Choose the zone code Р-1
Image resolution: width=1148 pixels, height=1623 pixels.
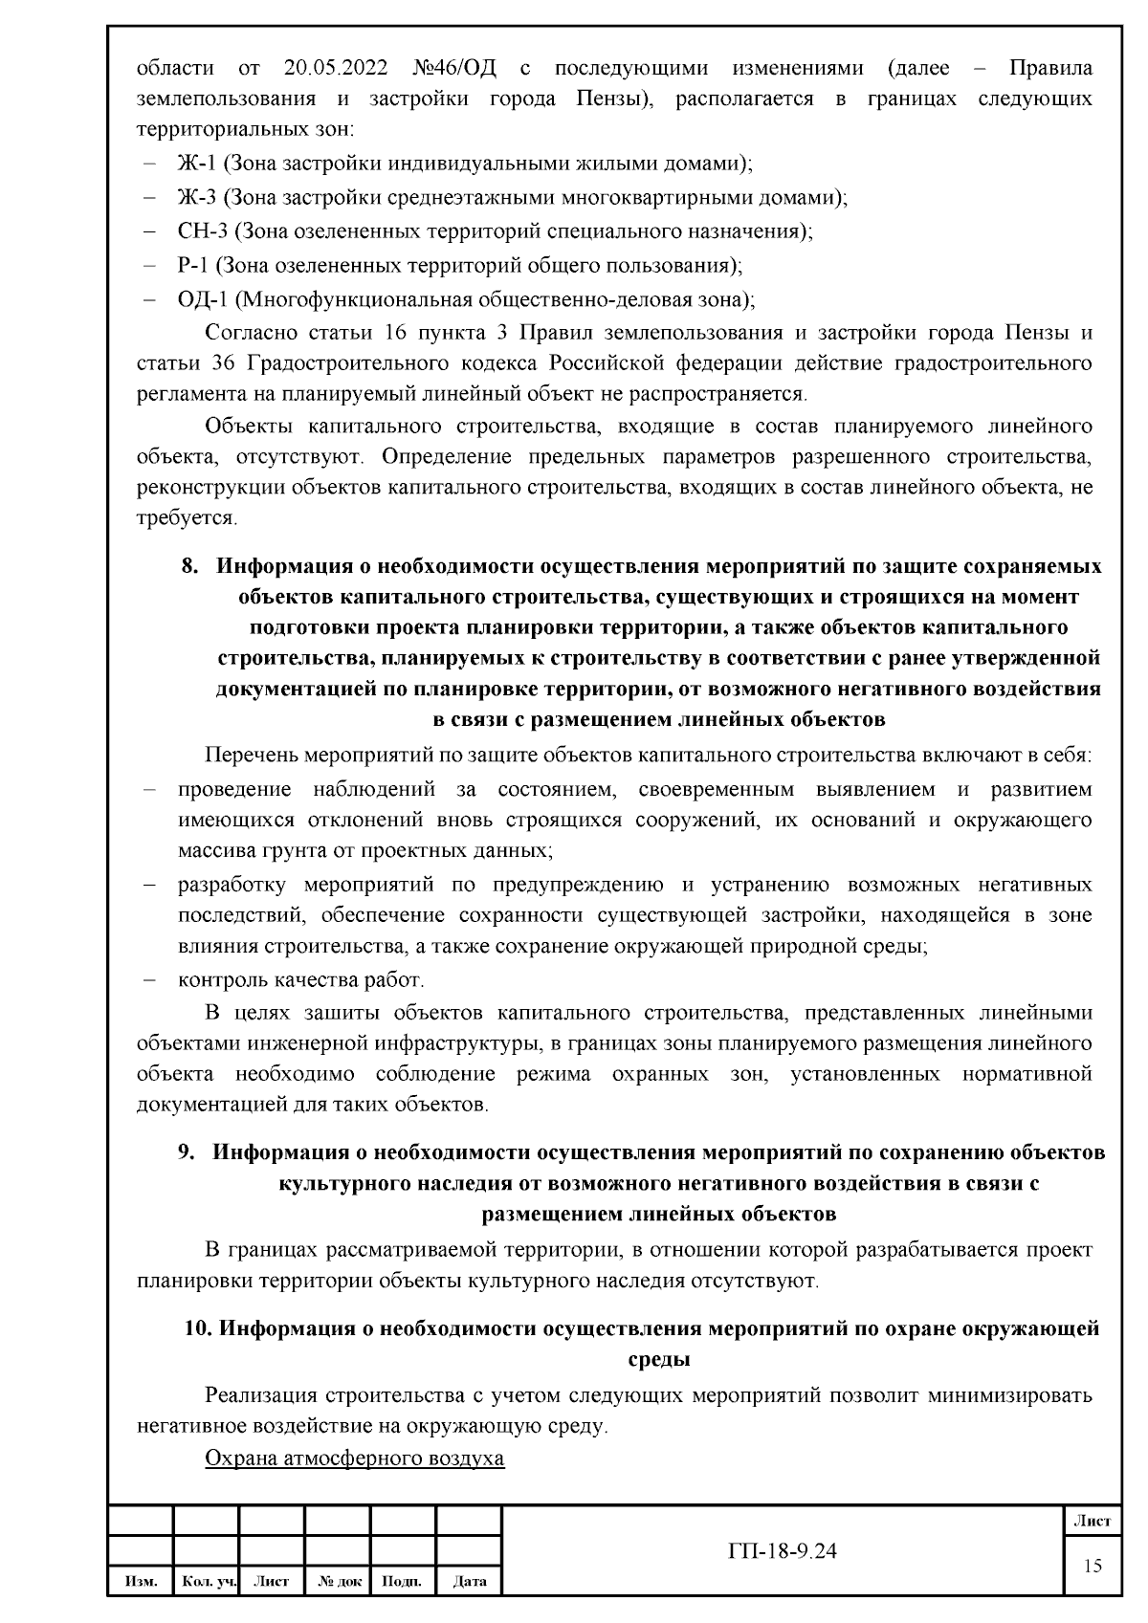(192, 265)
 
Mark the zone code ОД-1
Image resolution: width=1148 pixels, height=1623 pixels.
(202, 299)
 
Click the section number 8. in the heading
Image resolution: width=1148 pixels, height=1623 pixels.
(190, 566)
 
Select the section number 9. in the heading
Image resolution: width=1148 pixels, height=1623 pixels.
(188, 1152)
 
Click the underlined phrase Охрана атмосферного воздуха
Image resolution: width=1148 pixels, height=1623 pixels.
(354, 1459)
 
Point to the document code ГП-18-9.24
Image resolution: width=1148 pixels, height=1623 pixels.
(782, 1551)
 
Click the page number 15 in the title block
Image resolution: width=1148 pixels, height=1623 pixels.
(1092, 1566)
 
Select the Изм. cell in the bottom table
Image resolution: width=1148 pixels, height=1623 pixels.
(140, 1582)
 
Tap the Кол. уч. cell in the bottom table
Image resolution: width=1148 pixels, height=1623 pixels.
(206, 1582)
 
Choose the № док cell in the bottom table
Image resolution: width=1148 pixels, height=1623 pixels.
(337, 1582)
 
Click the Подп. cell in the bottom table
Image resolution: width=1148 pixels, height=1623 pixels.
(403, 1582)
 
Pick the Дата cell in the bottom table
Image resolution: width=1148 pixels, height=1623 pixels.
(469, 1582)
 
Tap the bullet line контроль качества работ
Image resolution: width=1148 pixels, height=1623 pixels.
(300, 980)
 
